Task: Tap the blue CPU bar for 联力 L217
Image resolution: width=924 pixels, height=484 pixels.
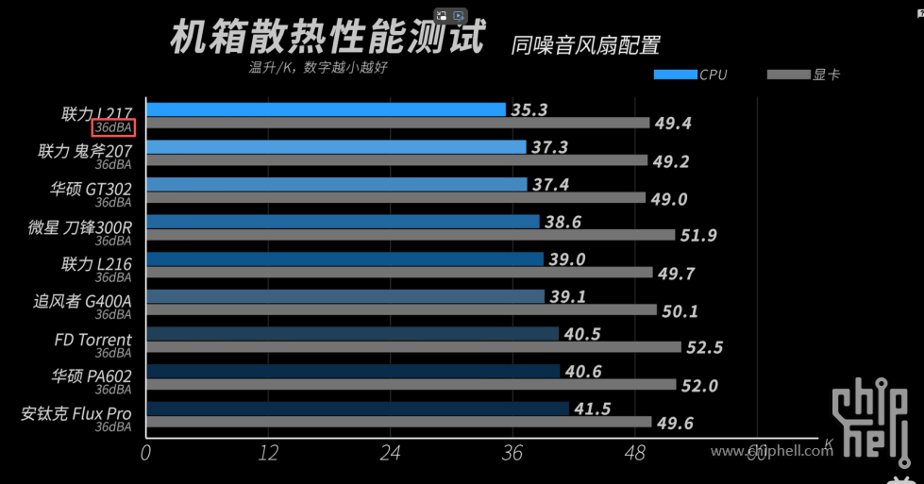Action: (x=326, y=109)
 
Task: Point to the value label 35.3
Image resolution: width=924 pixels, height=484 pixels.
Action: (x=529, y=109)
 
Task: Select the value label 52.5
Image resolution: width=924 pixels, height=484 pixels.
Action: (x=704, y=348)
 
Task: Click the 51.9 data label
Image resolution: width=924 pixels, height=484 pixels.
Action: (x=698, y=235)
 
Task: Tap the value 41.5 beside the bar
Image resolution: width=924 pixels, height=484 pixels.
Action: (x=592, y=409)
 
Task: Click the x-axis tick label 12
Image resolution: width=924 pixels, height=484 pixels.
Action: (x=268, y=453)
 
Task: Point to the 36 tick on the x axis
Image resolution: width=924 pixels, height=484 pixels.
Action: (x=512, y=453)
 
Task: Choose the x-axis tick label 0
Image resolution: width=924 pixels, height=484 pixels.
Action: (x=145, y=453)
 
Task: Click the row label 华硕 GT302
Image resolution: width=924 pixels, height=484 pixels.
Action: (x=91, y=189)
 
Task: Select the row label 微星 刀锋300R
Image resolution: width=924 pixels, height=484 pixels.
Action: (x=80, y=226)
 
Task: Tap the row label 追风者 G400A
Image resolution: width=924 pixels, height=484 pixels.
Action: (x=82, y=301)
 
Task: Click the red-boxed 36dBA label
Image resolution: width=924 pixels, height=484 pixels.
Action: (x=113, y=127)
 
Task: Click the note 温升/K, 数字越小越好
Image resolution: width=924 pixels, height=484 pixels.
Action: (x=318, y=67)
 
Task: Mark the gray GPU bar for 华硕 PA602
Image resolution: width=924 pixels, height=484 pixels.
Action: (x=411, y=385)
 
